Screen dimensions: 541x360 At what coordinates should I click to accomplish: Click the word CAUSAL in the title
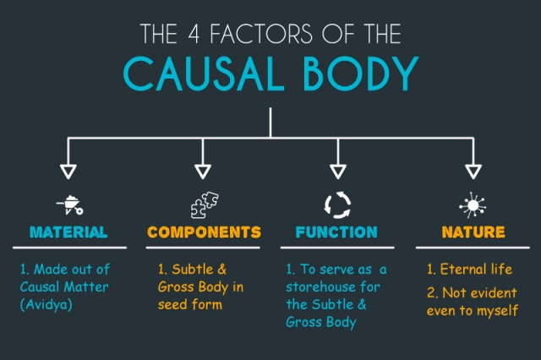click(x=204, y=74)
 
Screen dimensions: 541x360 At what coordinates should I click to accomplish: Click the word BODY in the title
click(x=361, y=74)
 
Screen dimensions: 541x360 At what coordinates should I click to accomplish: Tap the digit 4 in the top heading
click(x=194, y=34)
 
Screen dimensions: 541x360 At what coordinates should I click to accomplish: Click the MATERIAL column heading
click(x=68, y=232)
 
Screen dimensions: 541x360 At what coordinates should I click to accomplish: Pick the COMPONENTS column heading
click(x=204, y=232)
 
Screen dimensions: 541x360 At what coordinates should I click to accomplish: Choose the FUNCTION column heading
click(x=336, y=232)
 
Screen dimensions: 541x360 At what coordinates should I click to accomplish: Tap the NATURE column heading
click(x=473, y=232)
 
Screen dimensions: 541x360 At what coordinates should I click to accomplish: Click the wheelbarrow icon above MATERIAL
click(x=69, y=205)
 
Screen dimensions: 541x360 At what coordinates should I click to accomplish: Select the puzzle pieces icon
click(x=205, y=205)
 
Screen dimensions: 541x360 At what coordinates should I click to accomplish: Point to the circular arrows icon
click(x=338, y=205)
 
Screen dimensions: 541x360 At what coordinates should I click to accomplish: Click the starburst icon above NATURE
click(x=473, y=205)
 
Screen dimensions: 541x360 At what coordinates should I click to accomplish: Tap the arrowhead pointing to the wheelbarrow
click(x=68, y=171)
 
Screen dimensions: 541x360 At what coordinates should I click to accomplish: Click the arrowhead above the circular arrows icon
click(x=338, y=171)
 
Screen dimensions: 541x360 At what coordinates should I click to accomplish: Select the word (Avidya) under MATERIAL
click(x=46, y=304)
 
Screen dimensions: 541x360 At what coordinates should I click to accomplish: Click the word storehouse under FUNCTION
click(x=316, y=286)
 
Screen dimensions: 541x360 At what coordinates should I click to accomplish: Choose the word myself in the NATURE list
click(x=498, y=311)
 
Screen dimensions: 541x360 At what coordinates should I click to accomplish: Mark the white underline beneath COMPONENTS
click(x=203, y=248)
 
